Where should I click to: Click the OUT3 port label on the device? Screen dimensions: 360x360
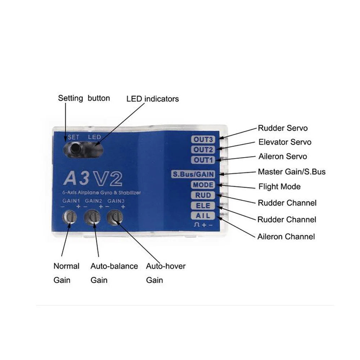203,139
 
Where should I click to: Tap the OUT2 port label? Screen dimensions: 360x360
203,149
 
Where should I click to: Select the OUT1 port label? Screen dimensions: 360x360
203,160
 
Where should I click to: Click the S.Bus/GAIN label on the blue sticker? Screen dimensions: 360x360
193,175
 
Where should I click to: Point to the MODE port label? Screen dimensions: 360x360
203,185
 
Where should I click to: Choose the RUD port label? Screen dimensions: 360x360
203,195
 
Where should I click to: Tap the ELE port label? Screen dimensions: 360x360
203,206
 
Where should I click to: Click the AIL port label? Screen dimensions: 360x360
203,216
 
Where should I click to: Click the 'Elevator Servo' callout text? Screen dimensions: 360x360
285,142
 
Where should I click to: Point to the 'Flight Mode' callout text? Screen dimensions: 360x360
279,187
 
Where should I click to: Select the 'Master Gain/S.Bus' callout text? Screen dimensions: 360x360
292,172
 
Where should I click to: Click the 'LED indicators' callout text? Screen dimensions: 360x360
152,99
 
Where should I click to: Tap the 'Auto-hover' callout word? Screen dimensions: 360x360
166,266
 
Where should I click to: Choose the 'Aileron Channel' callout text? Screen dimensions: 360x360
286,237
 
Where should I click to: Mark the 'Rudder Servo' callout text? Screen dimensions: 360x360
283,128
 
